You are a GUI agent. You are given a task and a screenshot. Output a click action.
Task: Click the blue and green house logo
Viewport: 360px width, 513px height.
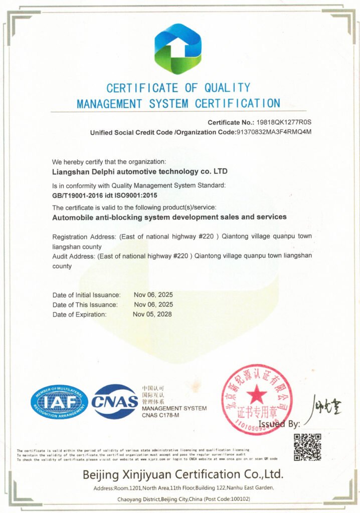[177, 49]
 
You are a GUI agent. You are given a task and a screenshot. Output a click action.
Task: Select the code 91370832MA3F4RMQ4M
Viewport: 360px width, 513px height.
[274, 133]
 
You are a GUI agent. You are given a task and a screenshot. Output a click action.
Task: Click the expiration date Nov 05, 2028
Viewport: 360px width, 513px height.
[152, 315]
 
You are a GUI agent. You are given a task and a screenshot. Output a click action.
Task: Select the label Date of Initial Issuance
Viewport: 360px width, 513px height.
[86, 295]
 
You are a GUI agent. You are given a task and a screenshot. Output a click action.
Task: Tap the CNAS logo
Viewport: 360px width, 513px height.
[115, 401]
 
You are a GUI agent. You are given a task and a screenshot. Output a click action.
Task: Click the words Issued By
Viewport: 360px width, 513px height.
[279, 424]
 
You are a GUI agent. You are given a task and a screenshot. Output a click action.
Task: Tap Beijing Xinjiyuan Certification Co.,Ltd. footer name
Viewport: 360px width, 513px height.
[183, 474]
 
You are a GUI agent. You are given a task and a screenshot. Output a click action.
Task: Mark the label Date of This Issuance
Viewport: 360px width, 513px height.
[85, 305]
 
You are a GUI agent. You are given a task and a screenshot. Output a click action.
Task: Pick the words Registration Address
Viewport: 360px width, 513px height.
[84, 236]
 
